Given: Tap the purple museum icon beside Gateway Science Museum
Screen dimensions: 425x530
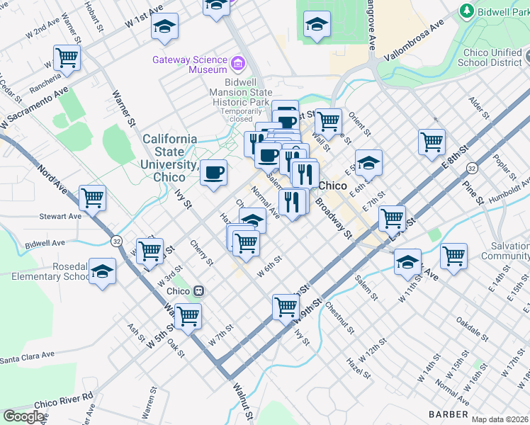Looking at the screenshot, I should click(x=238, y=64).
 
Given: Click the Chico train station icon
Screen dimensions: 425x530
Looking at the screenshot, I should click(x=200, y=290).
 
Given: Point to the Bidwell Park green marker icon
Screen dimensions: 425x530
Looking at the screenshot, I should click(x=466, y=11).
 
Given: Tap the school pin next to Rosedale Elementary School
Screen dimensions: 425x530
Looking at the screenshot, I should click(x=103, y=271).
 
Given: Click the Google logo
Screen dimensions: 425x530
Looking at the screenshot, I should click(x=23, y=416).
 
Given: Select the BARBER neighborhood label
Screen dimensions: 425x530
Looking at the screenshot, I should click(x=449, y=414).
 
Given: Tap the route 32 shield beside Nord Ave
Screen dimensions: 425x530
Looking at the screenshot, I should click(x=116, y=242).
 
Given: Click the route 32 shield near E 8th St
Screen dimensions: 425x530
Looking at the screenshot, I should click(x=471, y=168).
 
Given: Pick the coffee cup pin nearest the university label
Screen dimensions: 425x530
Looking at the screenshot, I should click(x=213, y=172).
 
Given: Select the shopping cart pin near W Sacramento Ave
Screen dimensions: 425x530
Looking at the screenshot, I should click(x=67, y=58).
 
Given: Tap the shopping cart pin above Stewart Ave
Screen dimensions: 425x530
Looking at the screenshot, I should click(x=93, y=198).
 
